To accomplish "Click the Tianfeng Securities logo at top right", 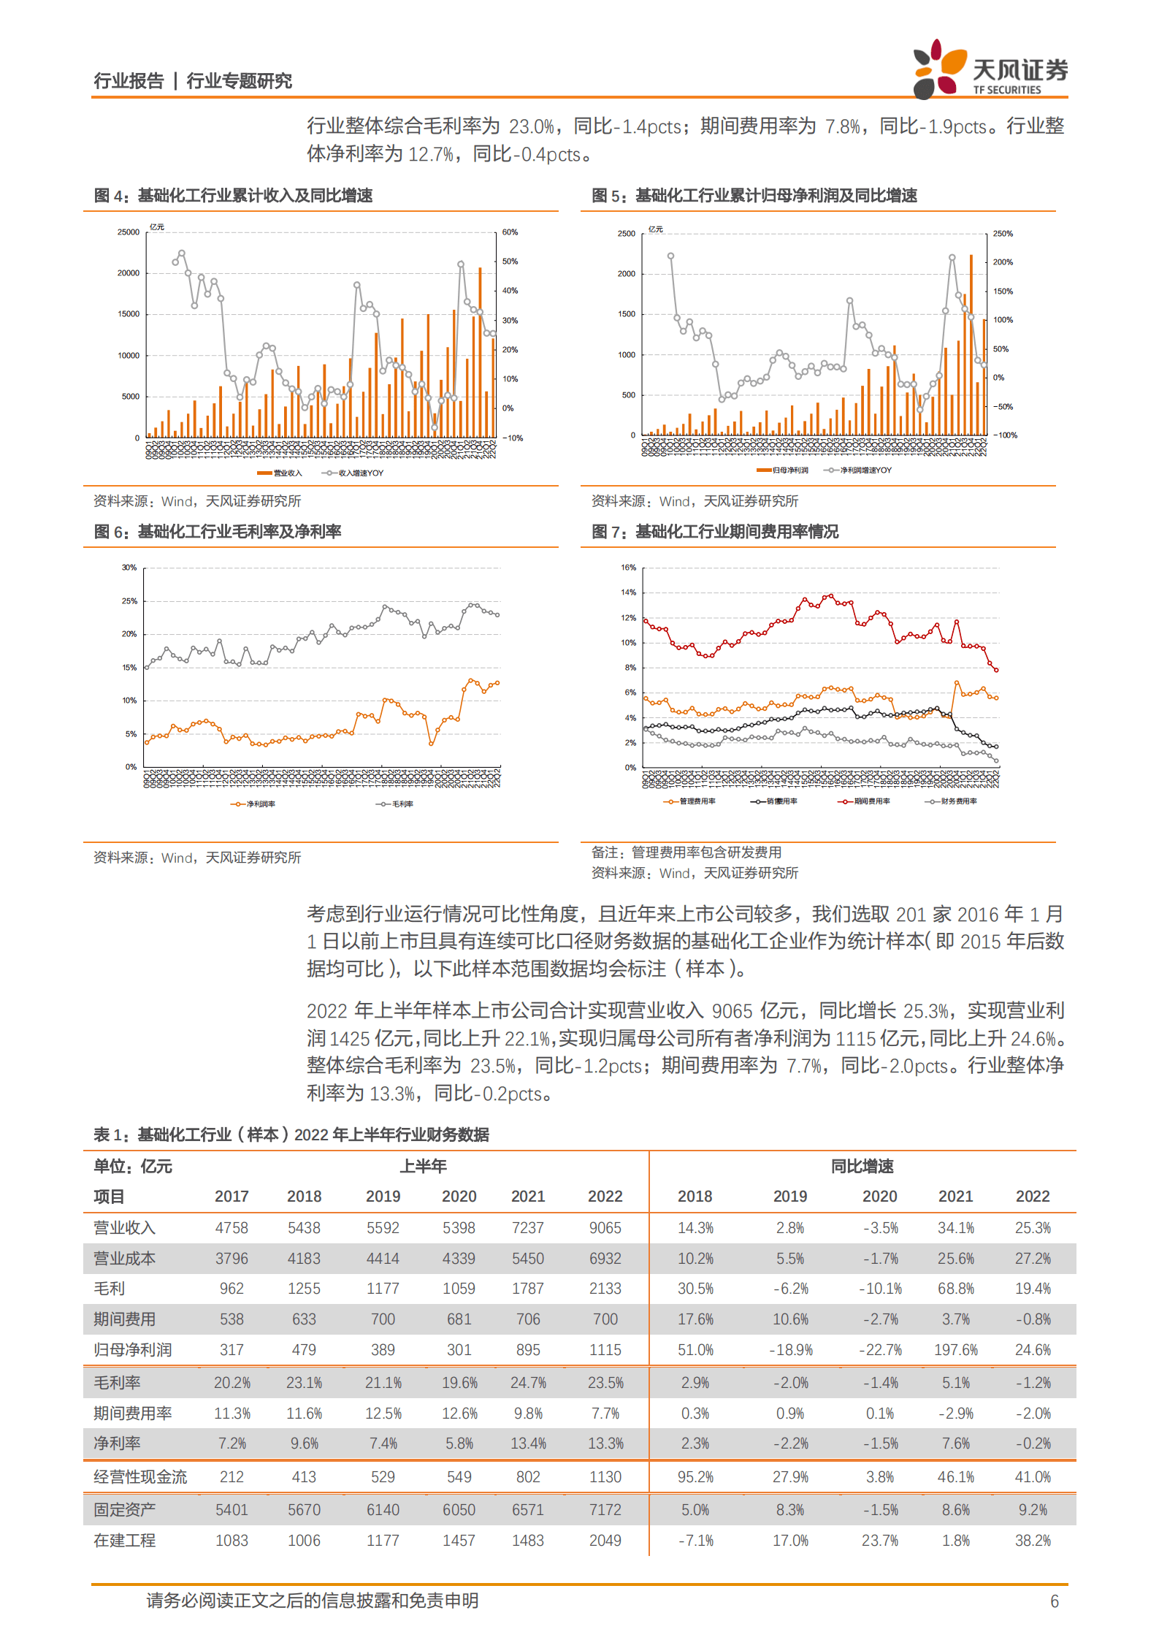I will coord(990,70).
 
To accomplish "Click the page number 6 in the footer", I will coord(1054,1601).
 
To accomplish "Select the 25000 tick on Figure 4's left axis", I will coord(128,232).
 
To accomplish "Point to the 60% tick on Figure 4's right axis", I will coord(510,232).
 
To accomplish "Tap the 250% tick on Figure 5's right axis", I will coord(1003,234).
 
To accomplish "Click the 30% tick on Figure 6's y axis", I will coord(129,568).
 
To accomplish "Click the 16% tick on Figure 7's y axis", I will coord(628,568).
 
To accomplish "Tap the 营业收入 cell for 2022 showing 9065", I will coord(605,1228).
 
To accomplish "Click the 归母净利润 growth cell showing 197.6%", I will coord(955,1350).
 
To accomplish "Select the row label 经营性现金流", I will coord(140,1477).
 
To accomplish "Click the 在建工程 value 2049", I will coord(605,1541).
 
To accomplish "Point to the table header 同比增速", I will coord(862,1167).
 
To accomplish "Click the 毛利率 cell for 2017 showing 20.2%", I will coord(232,1383).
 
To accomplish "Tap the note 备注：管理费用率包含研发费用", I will coord(686,853).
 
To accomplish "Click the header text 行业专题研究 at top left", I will coord(239,81).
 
